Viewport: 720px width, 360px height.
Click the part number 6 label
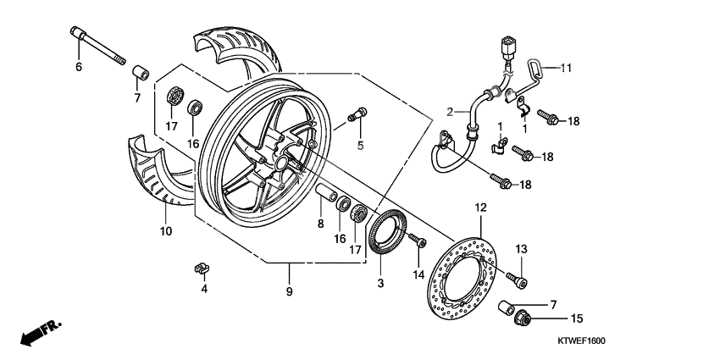(79, 67)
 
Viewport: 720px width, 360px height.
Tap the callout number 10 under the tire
(165, 230)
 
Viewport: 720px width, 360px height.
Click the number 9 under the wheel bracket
(289, 291)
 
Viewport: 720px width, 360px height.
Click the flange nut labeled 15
(523, 318)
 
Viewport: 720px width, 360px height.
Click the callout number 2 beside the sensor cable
(451, 110)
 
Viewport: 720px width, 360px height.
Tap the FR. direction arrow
(36, 332)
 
